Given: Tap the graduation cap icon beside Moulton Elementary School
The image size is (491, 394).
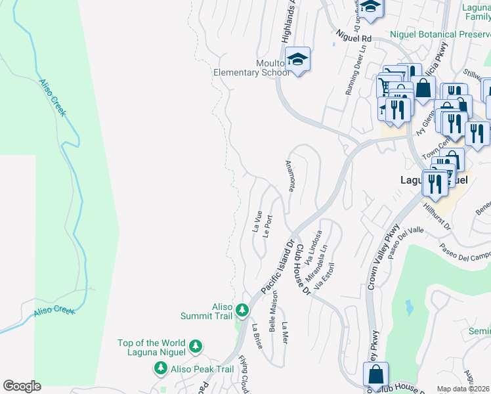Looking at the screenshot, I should click(x=297, y=60).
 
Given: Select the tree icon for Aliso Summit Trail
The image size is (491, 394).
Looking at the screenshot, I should click(x=242, y=309).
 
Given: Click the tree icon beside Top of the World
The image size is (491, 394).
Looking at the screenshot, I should click(x=195, y=345).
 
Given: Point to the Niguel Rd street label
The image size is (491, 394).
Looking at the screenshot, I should click(x=353, y=39).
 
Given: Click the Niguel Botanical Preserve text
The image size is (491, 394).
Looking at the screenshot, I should click(x=440, y=34).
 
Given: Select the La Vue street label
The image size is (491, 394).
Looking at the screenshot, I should click(x=257, y=221).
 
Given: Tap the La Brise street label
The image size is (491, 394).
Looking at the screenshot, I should click(x=257, y=336).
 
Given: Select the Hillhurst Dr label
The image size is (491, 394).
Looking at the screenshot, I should click(x=438, y=215).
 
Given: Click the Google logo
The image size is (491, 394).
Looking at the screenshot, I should click(x=22, y=386).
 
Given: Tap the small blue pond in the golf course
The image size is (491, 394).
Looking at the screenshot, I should click(x=410, y=307).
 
